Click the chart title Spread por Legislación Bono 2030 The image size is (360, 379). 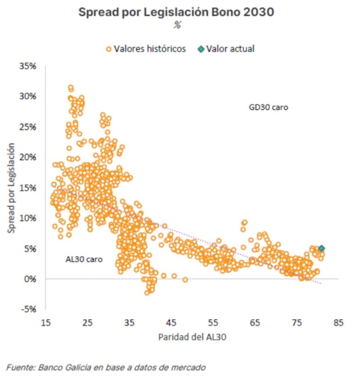(176, 12)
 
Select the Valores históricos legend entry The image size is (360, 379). (145, 49)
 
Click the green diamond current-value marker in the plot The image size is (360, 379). (321, 248)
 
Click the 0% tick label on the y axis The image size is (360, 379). (30, 279)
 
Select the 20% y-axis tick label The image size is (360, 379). (28, 157)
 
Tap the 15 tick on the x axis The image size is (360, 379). (45, 323)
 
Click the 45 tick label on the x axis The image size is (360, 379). (171, 323)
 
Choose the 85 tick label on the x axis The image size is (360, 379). (339, 323)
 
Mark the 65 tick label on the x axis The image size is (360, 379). (255, 323)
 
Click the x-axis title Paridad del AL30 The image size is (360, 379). (192, 338)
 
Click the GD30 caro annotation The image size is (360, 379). (268, 108)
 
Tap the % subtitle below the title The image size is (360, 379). (177, 26)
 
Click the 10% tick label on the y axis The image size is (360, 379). (28, 218)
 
